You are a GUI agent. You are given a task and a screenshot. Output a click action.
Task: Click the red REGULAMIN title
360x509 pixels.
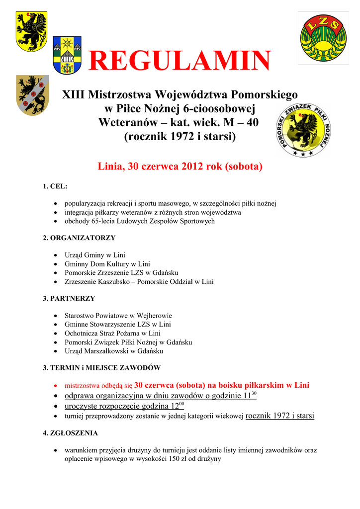179,62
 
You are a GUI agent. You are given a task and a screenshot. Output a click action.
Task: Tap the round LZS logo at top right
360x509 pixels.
323,38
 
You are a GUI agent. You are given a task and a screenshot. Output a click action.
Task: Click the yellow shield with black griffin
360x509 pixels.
32,30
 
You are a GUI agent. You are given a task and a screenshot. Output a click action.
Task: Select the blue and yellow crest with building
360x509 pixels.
67,55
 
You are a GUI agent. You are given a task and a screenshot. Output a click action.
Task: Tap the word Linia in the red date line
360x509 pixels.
111,167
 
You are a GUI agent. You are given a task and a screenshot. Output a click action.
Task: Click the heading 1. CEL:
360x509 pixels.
55,186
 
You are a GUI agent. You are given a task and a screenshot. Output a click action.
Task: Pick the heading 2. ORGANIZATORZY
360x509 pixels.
79,238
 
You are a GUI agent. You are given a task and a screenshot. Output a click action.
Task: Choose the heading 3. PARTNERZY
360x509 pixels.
69,299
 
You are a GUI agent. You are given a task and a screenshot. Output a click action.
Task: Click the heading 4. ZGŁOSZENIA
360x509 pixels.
70,433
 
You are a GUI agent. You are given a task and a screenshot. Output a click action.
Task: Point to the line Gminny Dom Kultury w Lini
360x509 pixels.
107,264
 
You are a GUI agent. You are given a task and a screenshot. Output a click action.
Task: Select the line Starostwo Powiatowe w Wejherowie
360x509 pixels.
118,316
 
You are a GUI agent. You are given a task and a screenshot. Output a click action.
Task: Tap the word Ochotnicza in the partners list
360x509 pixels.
82,334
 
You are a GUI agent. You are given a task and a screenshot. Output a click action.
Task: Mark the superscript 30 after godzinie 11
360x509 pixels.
254,393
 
